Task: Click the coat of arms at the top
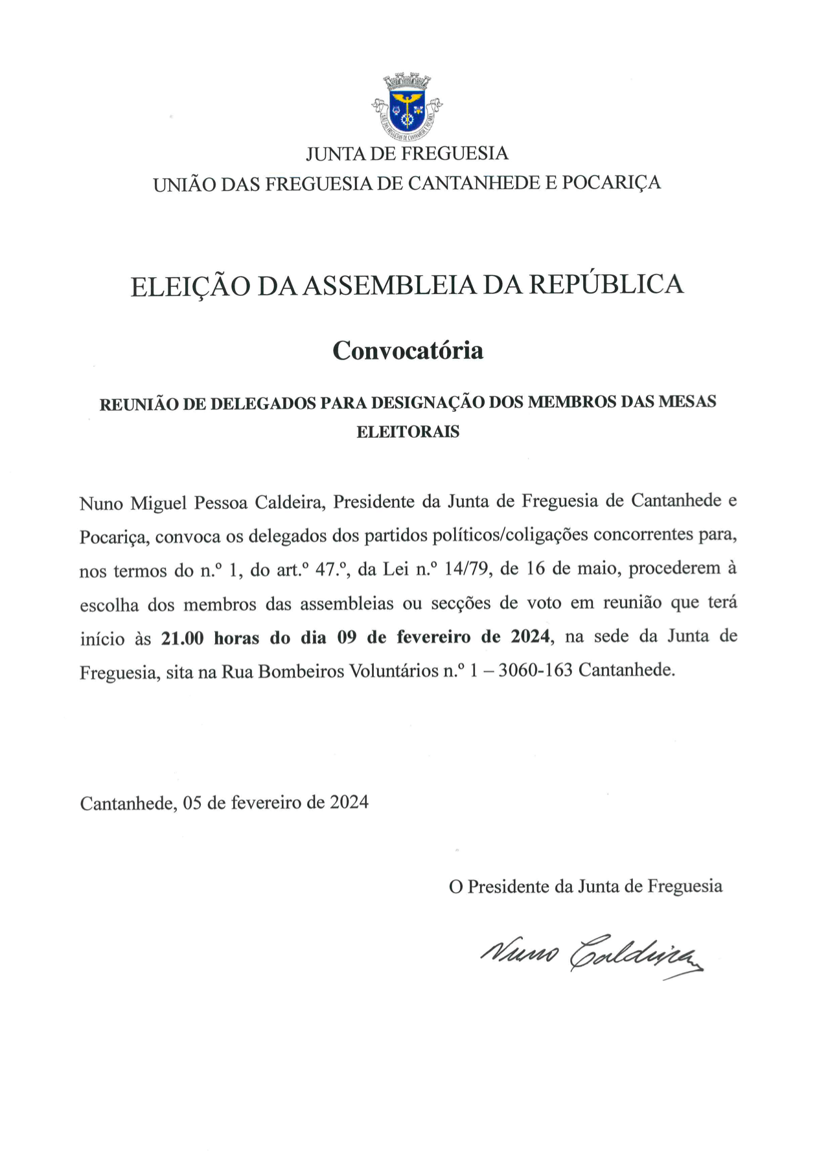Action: tap(407, 108)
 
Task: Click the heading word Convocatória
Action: tap(408, 350)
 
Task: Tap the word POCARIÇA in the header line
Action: tap(611, 183)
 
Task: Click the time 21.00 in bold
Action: tap(183, 638)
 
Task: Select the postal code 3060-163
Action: tap(535, 670)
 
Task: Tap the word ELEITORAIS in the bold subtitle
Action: tap(408, 432)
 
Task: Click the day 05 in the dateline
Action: tap(192, 803)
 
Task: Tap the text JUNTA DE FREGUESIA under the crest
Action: tap(407, 153)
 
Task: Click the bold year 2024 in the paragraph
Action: tap(531, 637)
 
